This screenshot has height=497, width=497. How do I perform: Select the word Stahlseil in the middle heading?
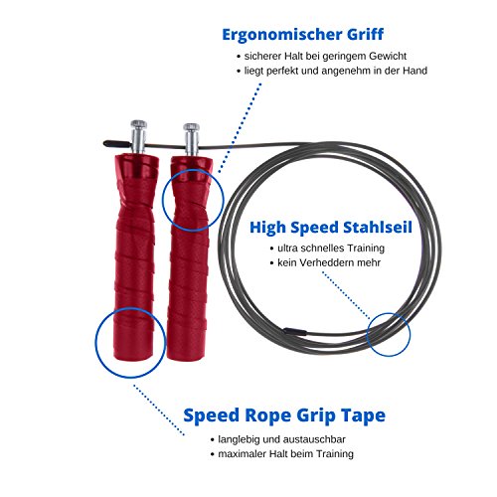point(378,228)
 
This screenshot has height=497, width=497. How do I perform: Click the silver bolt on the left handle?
point(138,137)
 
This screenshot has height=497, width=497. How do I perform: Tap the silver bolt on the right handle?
point(192,140)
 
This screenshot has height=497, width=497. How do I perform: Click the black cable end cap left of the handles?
point(116,144)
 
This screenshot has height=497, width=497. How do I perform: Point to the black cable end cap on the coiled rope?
point(295,331)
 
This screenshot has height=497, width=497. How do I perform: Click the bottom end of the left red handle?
point(133,357)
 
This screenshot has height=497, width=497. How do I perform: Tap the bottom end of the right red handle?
point(187,358)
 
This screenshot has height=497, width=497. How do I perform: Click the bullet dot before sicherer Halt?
point(239,57)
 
